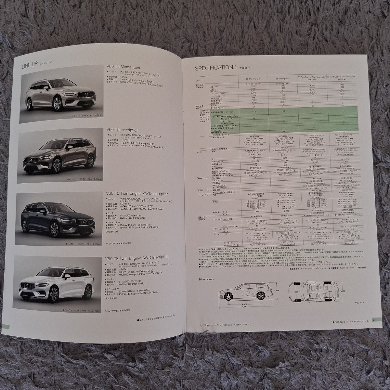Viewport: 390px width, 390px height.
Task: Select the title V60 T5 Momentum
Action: pos(123,67)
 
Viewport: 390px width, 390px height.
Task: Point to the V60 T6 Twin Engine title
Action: pos(137,194)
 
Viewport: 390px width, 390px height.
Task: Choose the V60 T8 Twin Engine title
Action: pos(137,257)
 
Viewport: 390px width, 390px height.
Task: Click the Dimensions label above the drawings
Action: pos(205,279)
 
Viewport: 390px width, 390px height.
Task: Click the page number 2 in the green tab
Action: pos(375,320)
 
